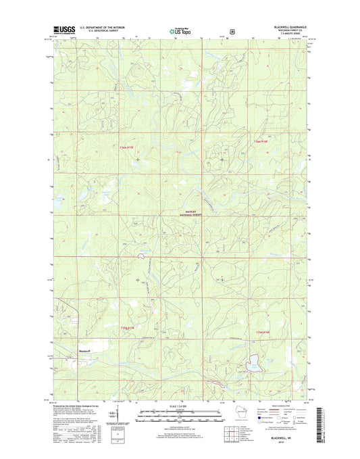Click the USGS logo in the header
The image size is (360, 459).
[x=61, y=30]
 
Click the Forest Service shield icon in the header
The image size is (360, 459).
[x=232, y=30]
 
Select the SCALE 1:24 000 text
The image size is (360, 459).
[x=180, y=405]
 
